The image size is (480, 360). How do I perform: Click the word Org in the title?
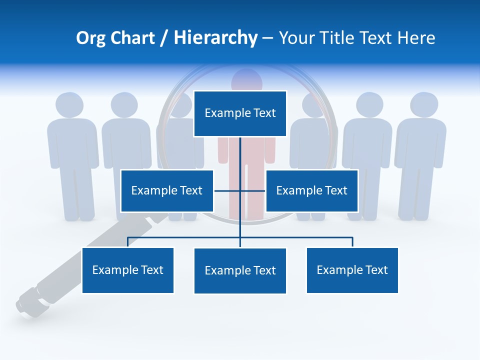click(90, 38)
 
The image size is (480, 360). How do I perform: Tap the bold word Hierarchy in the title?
click(215, 38)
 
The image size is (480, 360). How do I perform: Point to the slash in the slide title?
click(164, 38)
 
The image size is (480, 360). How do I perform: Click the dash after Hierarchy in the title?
click(267, 38)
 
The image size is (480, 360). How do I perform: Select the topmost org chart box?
click(240, 113)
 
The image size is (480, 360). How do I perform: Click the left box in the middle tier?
click(167, 190)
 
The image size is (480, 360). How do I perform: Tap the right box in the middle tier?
click(311, 190)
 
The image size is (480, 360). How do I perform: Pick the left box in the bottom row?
click(128, 270)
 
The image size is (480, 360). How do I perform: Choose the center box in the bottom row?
click(240, 270)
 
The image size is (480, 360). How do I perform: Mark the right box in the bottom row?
click(352, 270)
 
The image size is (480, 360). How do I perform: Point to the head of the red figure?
click(246, 78)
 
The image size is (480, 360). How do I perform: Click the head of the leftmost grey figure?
click(69, 105)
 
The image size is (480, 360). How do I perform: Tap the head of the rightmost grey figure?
click(424, 105)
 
